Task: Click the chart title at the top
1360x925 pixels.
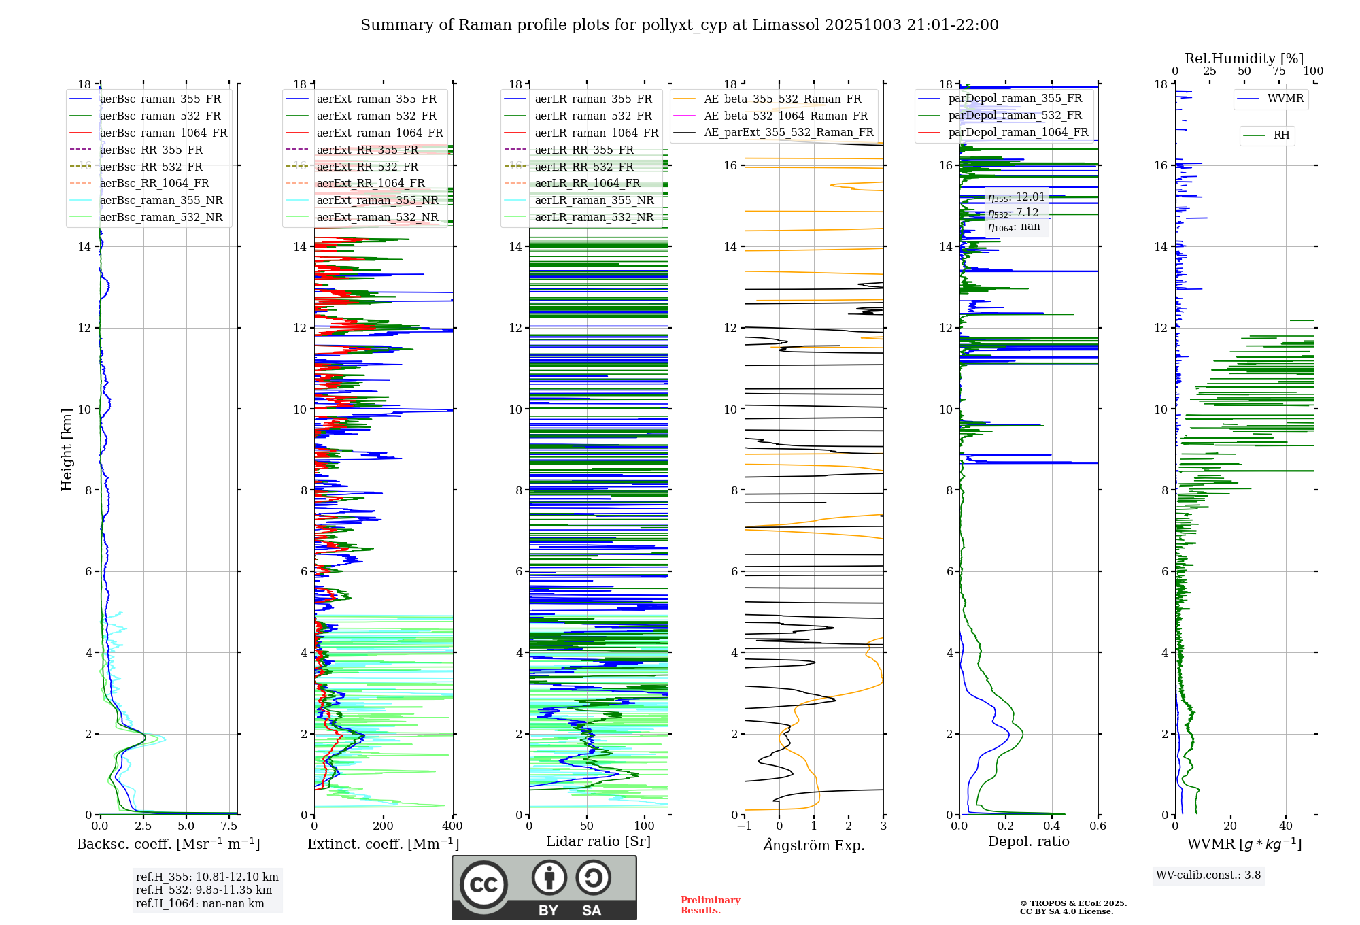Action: pos(679,25)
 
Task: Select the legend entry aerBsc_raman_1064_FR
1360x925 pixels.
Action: pos(163,133)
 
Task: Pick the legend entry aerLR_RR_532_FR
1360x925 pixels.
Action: pos(583,167)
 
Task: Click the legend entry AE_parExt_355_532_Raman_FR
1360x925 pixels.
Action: pos(788,132)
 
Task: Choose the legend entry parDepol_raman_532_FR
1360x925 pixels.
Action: pos(1015,116)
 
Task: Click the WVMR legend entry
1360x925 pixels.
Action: pos(1285,99)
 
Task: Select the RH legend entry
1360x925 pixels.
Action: pos(1281,135)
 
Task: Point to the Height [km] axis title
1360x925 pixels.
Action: pos(67,449)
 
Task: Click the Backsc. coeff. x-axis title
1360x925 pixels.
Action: pos(168,844)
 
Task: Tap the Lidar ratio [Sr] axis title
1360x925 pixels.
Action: pos(598,841)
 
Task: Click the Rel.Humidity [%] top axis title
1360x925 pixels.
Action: pos(1244,58)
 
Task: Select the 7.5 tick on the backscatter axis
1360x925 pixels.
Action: pos(229,826)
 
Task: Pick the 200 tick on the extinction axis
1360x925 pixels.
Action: pos(383,826)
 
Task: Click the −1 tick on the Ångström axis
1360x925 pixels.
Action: pos(744,826)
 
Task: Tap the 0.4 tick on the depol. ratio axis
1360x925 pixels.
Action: pos(1052,826)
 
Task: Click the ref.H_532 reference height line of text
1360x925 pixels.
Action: pos(203,890)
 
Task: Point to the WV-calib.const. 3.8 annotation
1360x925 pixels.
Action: pos(1208,875)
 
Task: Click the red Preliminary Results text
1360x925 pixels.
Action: pos(710,905)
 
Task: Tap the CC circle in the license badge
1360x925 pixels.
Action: pos(483,885)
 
